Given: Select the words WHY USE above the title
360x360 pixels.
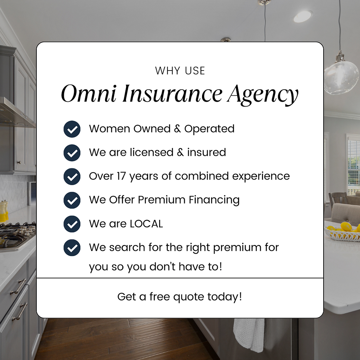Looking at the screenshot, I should click(180, 71).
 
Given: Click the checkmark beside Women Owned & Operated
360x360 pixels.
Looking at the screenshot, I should click(72, 129).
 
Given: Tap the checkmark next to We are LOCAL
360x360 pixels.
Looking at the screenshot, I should click(72, 224).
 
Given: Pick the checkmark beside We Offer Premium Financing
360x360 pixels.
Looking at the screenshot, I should click(72, 200).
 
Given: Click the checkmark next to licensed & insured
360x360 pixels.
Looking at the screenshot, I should click(72, 152).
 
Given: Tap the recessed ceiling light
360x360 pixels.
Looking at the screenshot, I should click(302, 16).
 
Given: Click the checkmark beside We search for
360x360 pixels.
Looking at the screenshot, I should click(72, 247).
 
